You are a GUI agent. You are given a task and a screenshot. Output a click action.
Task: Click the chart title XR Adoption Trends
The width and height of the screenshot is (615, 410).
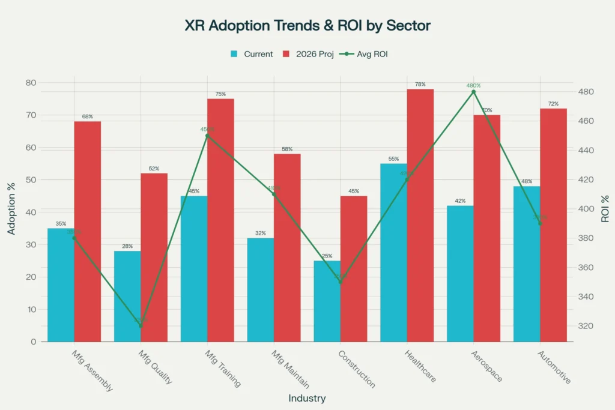click(307, 26)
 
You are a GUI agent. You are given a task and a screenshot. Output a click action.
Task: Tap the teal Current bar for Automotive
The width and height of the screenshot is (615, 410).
click(526, 264)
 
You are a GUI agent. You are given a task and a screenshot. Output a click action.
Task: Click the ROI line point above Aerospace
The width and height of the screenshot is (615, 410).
click(473, 92)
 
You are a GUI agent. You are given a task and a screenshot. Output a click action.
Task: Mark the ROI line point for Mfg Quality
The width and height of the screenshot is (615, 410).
click(141, 326)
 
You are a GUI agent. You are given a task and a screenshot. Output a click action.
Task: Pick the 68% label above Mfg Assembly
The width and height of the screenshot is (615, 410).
click(88, 116)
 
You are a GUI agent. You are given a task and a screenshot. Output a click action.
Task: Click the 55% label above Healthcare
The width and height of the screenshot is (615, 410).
click(393, 158)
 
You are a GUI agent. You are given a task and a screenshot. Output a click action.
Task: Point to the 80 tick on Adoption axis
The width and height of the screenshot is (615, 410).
click(29, 82)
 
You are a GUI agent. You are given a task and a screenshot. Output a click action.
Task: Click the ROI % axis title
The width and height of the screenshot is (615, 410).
click(605, 209)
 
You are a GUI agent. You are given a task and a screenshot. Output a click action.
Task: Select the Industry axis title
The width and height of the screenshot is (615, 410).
click(307, 398)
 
